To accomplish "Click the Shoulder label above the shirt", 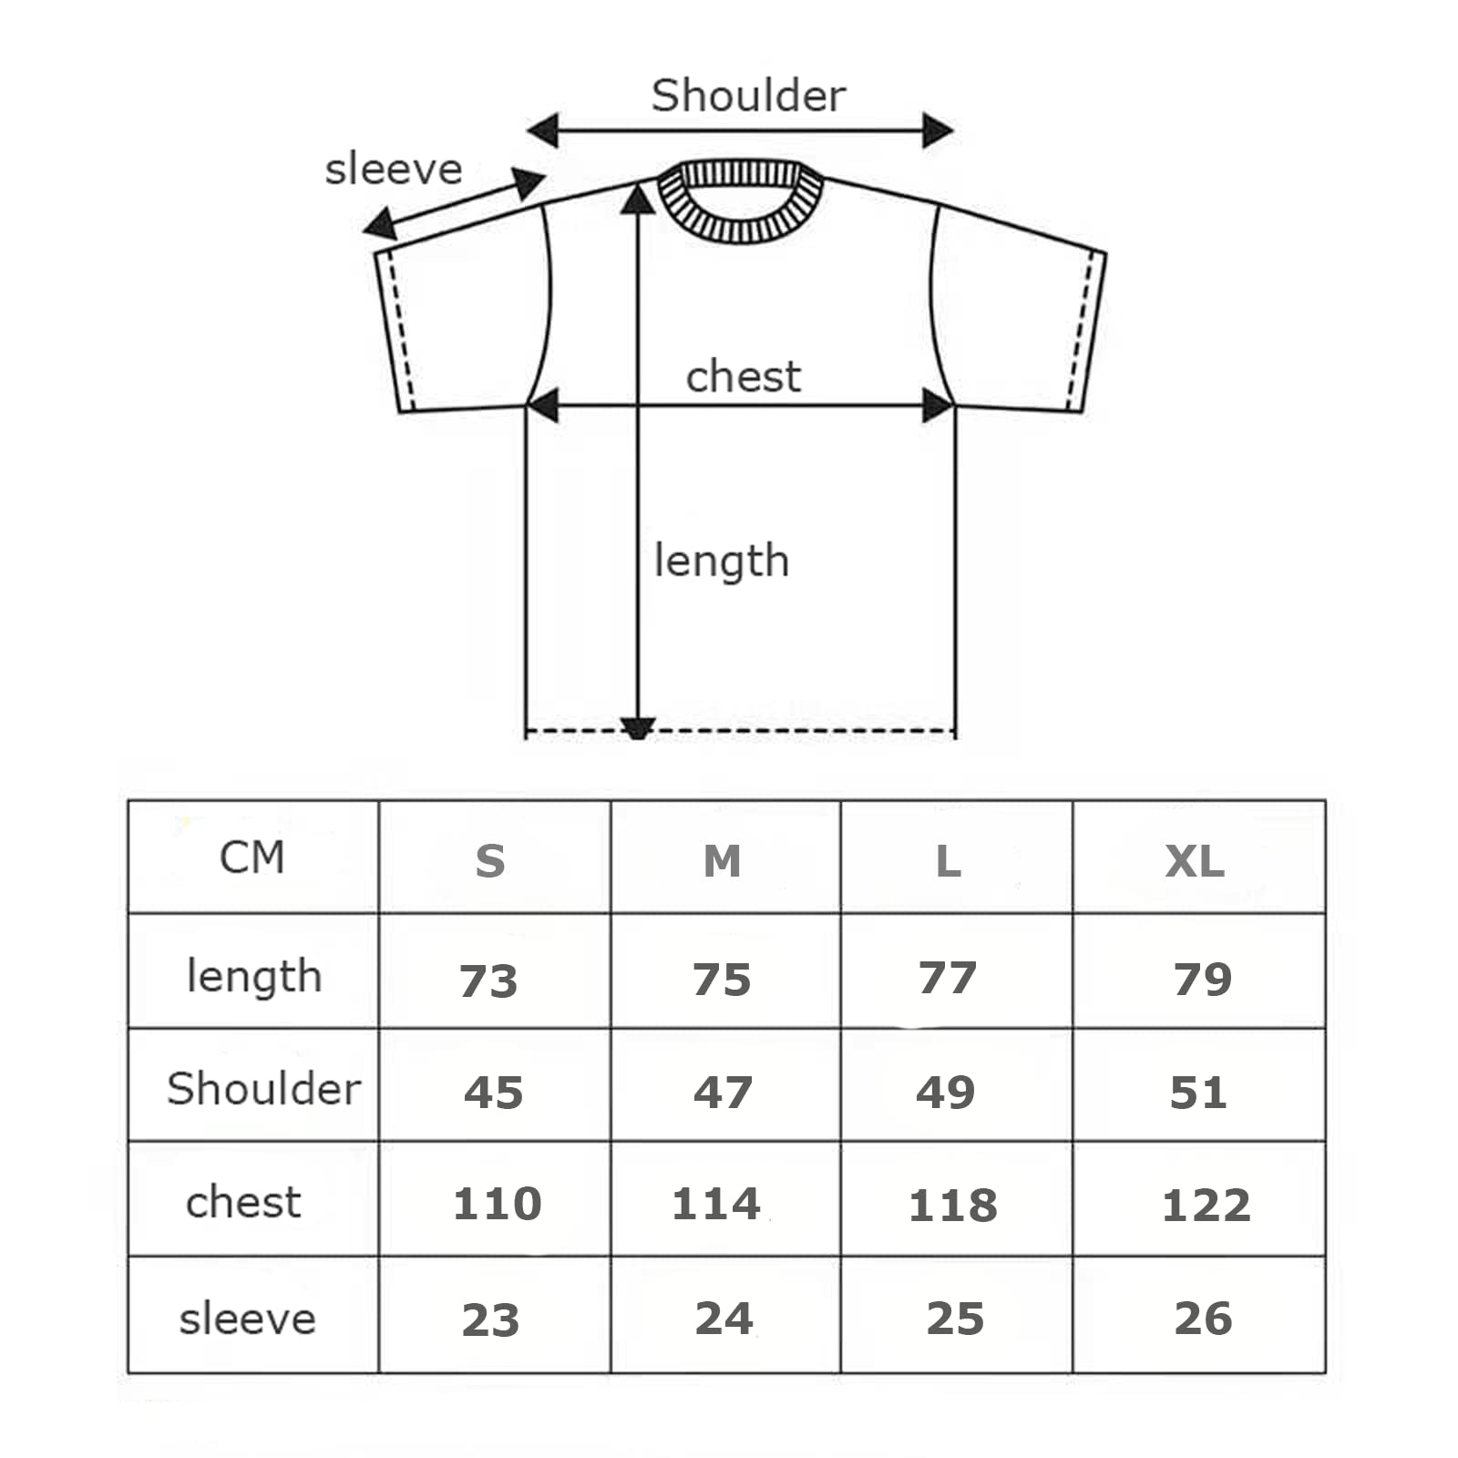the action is point(748,95).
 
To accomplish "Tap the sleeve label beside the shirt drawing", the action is point(394,169).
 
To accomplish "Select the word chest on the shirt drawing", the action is point(744,375).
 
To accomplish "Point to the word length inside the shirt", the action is point(722,561).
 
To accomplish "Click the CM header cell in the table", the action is point(252,857).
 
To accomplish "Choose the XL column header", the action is point(1195,861).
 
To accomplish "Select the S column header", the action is point(490,861).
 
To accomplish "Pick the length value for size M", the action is point(722,980).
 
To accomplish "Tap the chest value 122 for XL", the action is point(1206,1206).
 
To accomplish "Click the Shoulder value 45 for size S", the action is point(493,1093).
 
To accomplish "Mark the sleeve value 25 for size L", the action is point(955,1319).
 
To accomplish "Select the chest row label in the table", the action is point(243,1202).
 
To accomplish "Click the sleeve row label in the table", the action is point(248,1319).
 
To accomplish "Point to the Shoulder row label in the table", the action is point(264,1088).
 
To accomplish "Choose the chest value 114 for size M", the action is point(716,1204).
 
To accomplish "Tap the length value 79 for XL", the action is point(1203,980).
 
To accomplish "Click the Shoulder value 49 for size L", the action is point(946,1093).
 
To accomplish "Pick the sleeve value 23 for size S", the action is point(490,1320).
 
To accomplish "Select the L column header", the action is point(949,861).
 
